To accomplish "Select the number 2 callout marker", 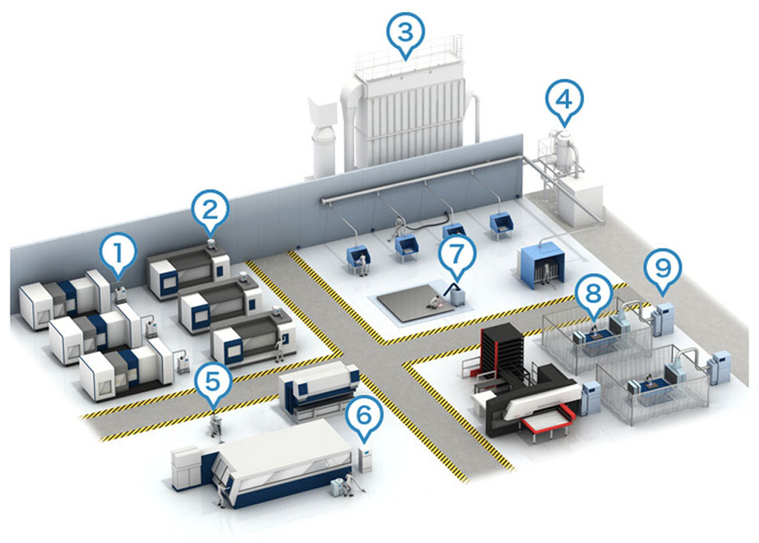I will pos(210,211).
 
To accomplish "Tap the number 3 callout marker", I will pos(405,33).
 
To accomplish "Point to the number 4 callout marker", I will pos(563,101).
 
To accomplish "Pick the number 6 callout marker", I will pos(364,415).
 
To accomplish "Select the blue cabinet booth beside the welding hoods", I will pos(540,263).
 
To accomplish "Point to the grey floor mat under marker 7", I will pos(423,307).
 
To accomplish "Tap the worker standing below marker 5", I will pos(215,424).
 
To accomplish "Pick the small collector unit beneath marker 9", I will pos(662,320).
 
